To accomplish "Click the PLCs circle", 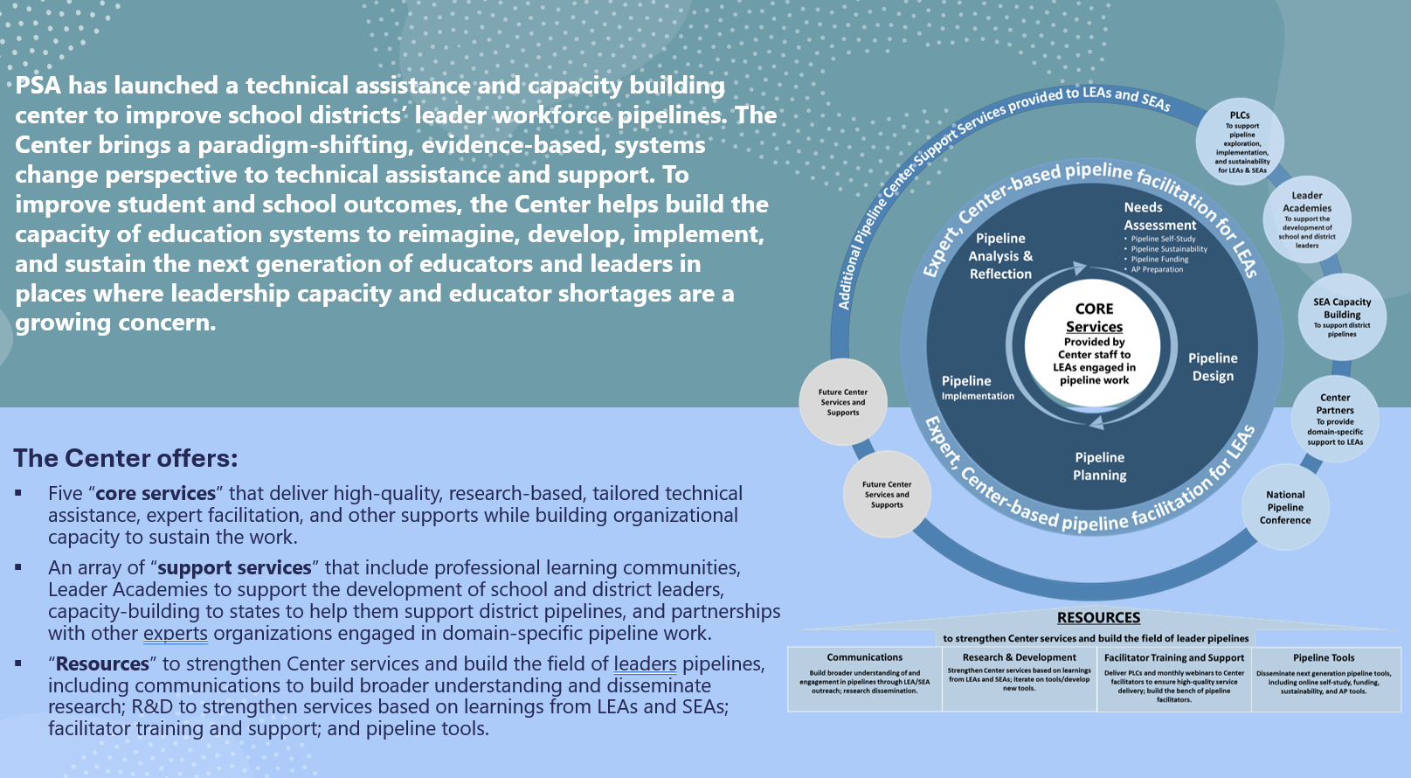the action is click(x=1240, y=141).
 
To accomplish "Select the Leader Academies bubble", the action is click(x=1307, y=219).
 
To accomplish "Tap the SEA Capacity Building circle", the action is click(x=1342, y=316).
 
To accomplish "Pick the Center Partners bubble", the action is click(x=1335, y=420).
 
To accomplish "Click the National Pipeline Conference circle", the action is click(x=1285, y=507).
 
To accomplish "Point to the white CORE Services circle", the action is click(x=1094, y=344).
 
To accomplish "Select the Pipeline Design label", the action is click(x=1213, y=367).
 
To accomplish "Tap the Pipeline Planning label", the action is click(x=1100, y=466).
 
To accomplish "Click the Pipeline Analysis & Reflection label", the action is click(x=1000, y=256).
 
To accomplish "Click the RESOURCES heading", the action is click(x=1098, y=617).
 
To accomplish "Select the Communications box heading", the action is click(x=864, y=657).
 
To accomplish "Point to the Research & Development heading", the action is click(x=1019, y=657).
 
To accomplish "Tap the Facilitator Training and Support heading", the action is click(x=1173, y=657).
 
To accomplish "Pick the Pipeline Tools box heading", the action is click(x=1324, y=657).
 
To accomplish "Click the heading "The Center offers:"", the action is click(x=126, y=458).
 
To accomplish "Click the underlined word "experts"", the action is click(x=175, y=633).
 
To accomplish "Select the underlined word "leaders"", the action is click(x=645, y=663).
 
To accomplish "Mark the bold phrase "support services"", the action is click(x=234, y=568).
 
